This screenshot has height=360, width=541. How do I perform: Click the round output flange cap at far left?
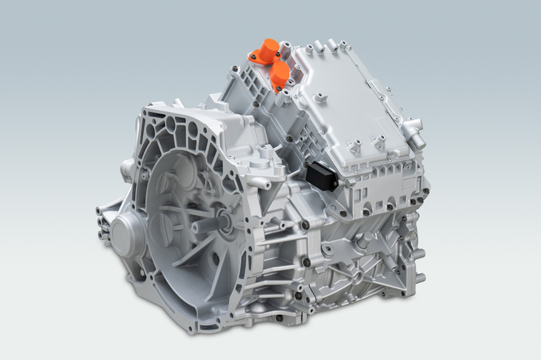121,234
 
